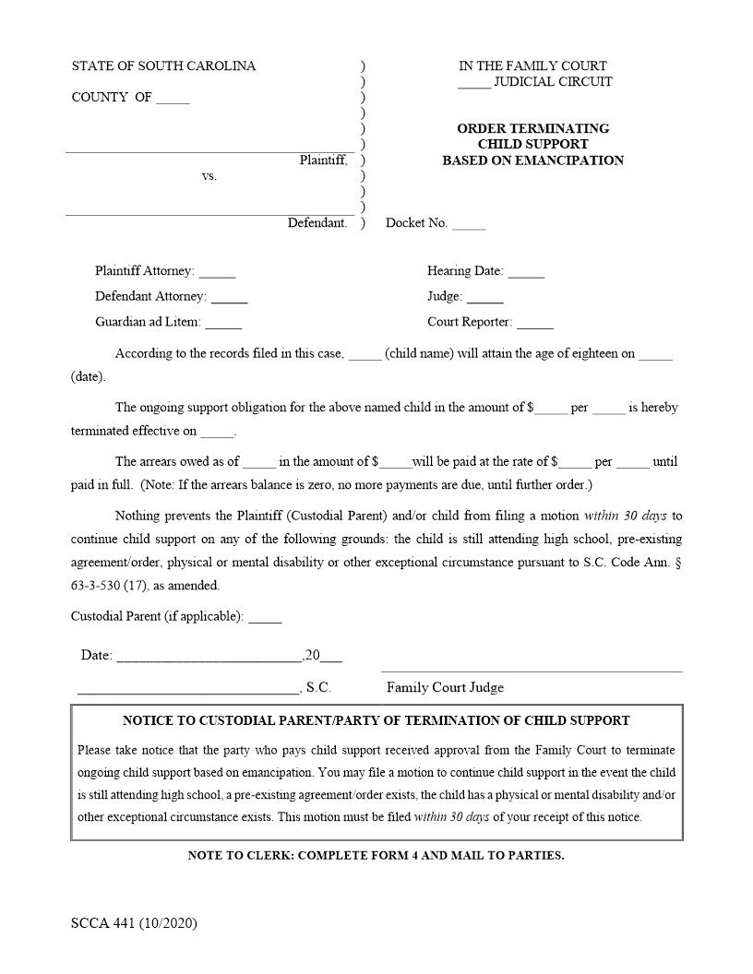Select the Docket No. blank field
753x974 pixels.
pyautogui.click(x=469, y=224)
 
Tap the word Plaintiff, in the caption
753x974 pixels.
pyautogui.click(x=323, y=160)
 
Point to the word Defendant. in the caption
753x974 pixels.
pyautogui.click(x=317, y=223)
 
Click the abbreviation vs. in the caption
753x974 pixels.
pyautogui.click(x=209, y=176)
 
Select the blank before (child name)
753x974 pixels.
pyautogui.click(x=365, y=355)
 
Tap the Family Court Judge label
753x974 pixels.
pyautogui.click(x=445, y=688)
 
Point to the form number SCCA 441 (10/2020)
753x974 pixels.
pyautogui.click(x=134, y=923)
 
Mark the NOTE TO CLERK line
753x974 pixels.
pyautogui.click(x=376, y=856)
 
